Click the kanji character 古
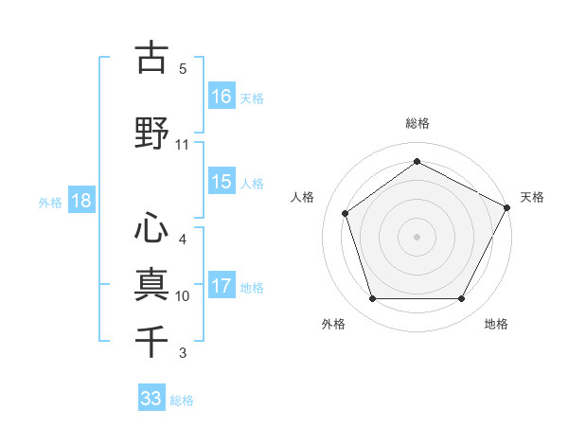click(151, 58)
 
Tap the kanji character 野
click(151, 133)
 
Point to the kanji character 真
click(151, 283)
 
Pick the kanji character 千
click(151, 338)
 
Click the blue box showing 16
click(222, 96)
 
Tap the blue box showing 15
click(222, 182)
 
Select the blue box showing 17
click(222, 286)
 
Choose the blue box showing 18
click(80, 201)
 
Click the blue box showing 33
click(151, 399)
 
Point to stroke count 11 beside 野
click(183, 145)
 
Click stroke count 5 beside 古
click(183, 69)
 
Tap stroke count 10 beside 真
click(183, 296)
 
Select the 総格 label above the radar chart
click(417, 123)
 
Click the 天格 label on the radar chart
click(532, 197)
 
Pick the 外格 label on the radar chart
click(333, 324)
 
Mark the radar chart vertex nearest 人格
click(346, 213)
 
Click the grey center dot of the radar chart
click(417, 236)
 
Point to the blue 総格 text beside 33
click(182, 400)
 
